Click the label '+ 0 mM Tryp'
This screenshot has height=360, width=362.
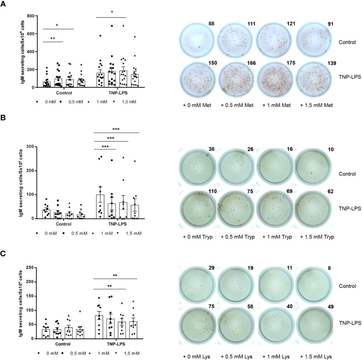[198, 236]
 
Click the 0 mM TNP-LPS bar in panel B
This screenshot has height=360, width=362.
[100, 207]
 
